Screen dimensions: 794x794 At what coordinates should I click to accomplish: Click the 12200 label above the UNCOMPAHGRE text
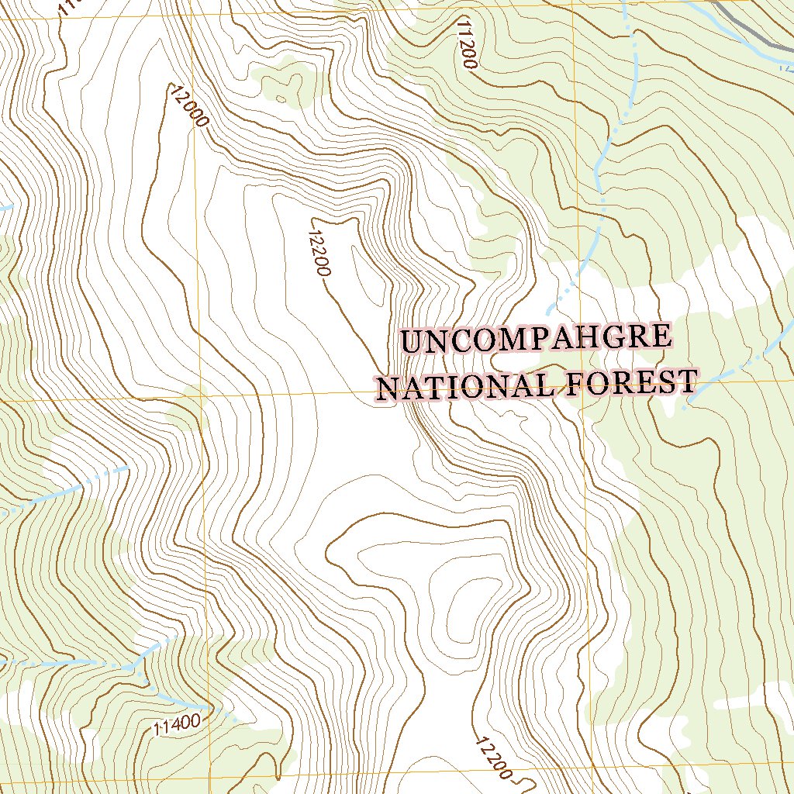[319, 253]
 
